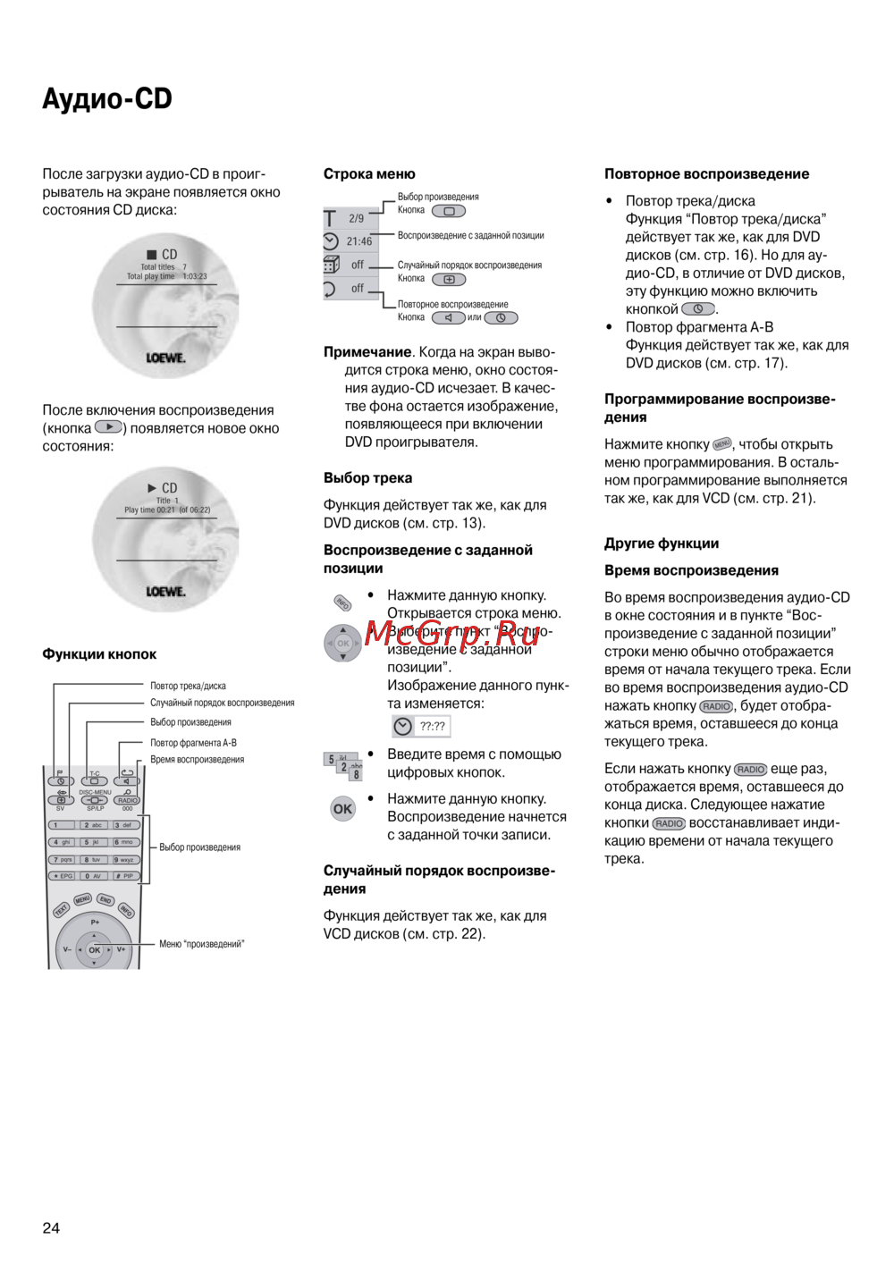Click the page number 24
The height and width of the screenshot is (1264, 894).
51,1227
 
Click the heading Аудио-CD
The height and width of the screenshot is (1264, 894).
107,98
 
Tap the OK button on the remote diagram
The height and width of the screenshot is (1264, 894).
94,949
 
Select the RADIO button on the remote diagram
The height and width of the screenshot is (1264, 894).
128,800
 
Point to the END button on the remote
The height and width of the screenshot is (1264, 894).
105,899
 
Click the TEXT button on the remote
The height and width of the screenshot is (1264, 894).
61,910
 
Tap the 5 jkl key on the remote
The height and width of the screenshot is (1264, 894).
93,842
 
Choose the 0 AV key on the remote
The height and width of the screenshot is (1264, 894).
93,876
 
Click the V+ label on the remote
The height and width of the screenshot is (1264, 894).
122,949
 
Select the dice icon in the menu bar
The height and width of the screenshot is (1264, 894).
331,265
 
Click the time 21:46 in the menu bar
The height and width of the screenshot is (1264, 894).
359,241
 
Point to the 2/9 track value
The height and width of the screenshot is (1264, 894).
357,218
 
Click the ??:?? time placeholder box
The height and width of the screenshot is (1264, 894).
433,727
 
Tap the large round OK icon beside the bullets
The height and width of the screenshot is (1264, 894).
342,809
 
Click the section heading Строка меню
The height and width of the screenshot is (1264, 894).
369,174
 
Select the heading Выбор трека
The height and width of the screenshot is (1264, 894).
367,478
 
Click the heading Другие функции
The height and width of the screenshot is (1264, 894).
662,544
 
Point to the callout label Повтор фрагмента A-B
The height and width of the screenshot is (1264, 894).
193,743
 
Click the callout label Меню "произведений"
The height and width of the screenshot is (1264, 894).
201,944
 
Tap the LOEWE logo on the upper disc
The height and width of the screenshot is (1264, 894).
166,358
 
